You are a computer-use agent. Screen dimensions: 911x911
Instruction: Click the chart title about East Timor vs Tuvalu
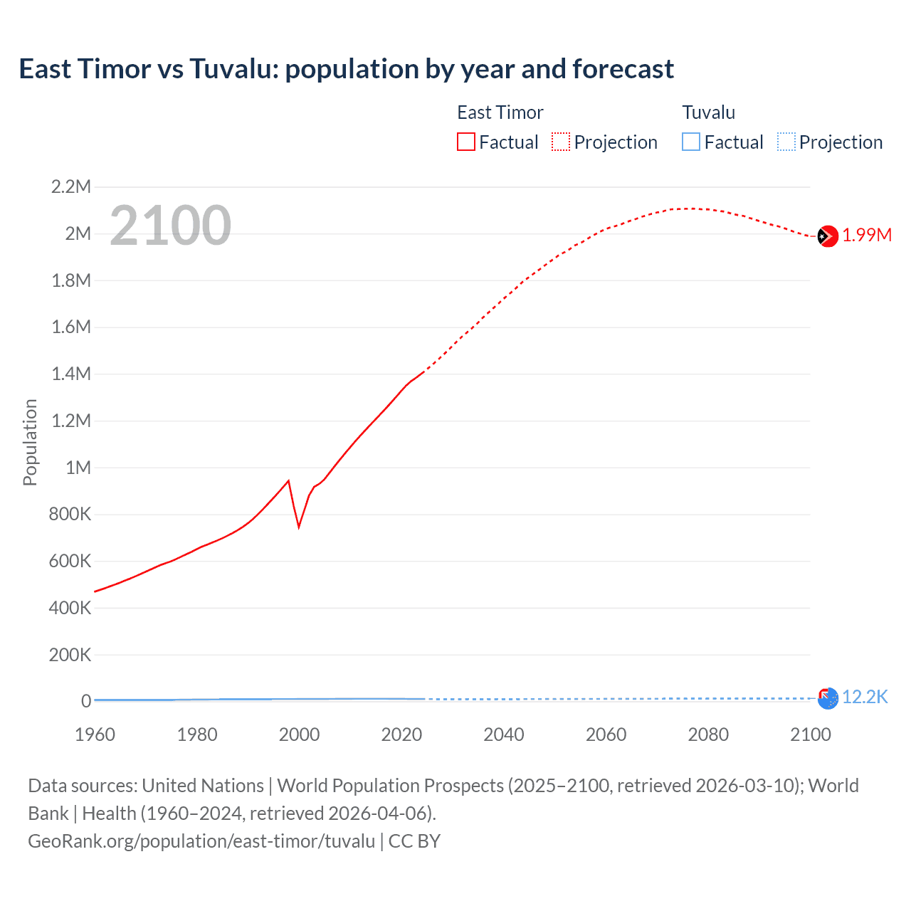[346, 69]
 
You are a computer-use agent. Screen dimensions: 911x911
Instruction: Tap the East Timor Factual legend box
[465, 142]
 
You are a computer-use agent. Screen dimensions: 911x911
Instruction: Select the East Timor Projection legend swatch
[561, 142]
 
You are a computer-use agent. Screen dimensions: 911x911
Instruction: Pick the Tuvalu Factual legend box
[691, 142]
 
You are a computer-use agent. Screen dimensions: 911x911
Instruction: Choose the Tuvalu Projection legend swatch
[786, 142]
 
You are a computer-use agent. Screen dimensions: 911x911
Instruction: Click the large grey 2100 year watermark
[170, 226]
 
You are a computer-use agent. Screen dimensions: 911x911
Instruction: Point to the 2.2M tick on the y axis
[71, 187]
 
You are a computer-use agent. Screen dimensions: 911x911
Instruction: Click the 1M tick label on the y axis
[78, 468]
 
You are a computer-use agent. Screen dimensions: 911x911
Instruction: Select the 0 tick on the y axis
[86, 701]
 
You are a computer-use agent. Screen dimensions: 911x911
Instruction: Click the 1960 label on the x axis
[95, 734]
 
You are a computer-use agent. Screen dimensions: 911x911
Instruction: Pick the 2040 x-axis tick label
[504, 734]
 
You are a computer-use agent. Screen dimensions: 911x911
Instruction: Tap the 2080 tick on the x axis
[708, 734]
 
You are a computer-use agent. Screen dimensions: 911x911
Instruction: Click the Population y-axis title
[30, 442]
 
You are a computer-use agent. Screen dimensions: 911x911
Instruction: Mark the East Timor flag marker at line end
[828, 236]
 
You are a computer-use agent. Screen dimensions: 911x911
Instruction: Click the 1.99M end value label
[867, 236]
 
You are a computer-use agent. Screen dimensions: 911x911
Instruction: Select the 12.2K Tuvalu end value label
[865, 697]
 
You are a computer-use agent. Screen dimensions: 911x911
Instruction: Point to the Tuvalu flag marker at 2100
[828, 699]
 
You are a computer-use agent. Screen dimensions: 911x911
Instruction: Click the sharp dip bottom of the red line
[299, 527]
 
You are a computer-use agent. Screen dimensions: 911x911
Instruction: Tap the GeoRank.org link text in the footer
[201, 841]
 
